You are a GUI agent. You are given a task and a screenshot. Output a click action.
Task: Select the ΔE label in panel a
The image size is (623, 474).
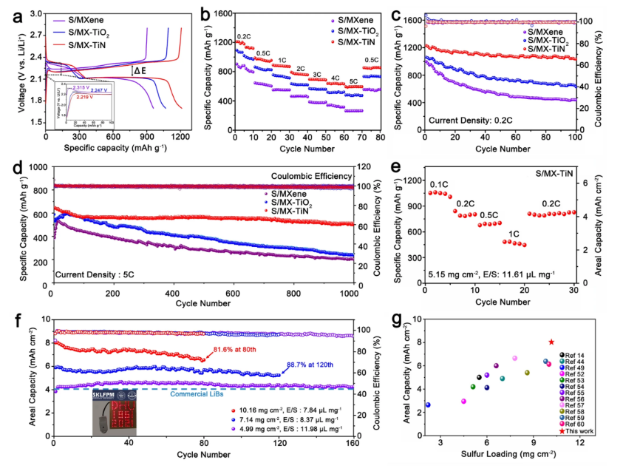pyautogui.click(x=140, y=71)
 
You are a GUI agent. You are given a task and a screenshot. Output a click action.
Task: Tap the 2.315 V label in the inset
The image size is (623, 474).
pyautogui.click(x=81, y=88)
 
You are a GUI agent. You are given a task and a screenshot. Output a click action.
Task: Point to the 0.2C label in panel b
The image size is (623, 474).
pyautogui.click(x=243, y=35)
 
